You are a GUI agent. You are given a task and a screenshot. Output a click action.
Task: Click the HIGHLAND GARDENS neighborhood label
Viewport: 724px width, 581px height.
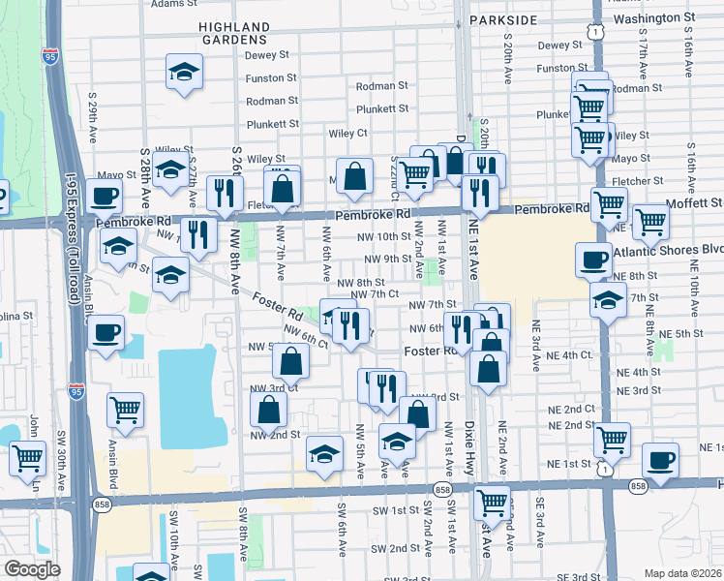click(x=232, y=33)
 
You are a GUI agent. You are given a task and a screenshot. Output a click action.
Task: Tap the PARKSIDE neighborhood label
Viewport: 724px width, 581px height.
click(x=502, y=19)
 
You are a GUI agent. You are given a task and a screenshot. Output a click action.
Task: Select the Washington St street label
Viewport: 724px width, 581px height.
click(x=655, y=18)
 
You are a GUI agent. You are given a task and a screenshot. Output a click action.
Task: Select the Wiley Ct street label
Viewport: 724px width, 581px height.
click(x=348, y=133)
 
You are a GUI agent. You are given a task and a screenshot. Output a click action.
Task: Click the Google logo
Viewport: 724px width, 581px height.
click(x=32, y=569)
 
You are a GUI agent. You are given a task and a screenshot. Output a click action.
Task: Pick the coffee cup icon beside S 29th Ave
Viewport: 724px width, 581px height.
click(x=105, y=197)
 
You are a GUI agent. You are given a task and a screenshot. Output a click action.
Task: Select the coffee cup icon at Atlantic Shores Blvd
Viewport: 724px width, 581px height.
click(x=593, y=259)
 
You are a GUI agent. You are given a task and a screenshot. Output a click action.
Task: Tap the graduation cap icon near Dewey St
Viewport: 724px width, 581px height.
click(x=183, y=72)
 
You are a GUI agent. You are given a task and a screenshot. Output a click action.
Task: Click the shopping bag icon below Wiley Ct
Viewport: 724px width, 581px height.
click(x=355, y=175)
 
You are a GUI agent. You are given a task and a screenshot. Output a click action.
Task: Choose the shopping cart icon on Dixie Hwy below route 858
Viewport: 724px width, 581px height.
click(x=492, y=502)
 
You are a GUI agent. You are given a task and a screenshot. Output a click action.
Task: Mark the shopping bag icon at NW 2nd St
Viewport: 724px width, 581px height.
click(x=269, y=410)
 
